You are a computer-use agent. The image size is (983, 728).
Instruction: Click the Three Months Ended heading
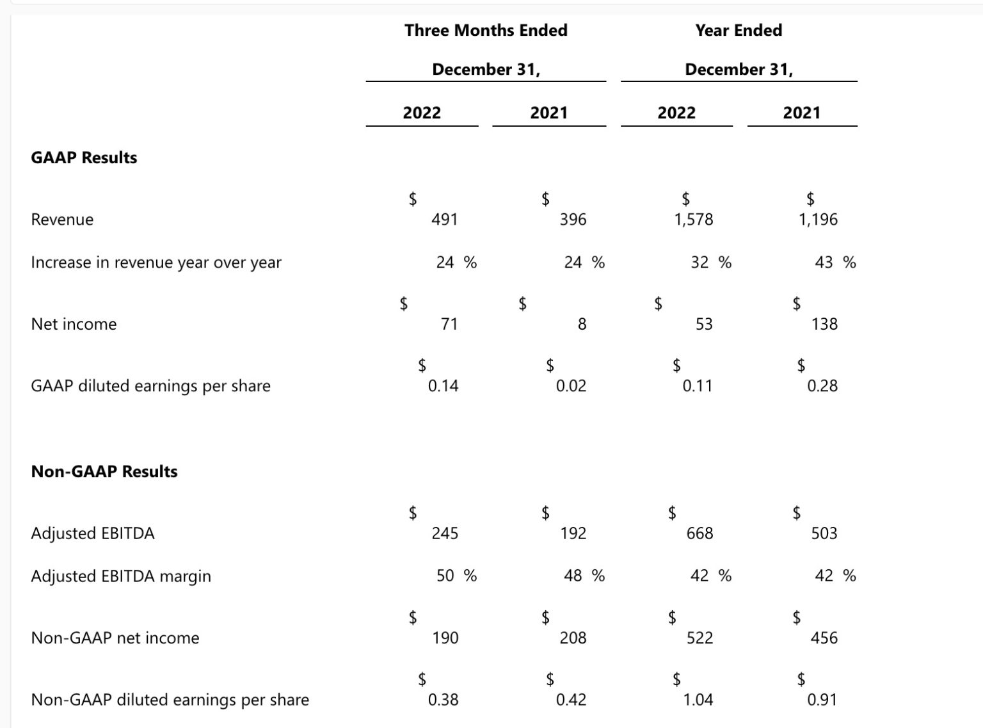click(x=486, y=30)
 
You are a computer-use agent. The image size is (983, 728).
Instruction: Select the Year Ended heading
click(x=739, y=30)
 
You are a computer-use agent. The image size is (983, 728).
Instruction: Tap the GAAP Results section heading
click(x=84, y=158)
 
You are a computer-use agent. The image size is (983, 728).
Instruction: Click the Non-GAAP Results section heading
click(x=104, y=471)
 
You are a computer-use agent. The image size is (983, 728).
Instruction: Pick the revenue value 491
click(x=445, y=220)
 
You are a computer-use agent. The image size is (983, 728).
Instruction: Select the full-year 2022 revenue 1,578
click(x=693, y=220)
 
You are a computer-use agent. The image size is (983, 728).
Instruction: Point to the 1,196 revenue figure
click(x=818, y=220)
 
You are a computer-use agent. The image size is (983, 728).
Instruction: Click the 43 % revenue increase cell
click(x=835, y=263)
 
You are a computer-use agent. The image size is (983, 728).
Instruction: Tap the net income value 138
click(x=824, y=324)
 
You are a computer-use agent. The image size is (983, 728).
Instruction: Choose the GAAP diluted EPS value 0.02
click(x=571, y=385)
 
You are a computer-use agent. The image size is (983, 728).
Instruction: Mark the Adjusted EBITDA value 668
click(x=699, y=533)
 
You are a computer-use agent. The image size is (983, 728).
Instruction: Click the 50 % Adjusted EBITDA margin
click(x=456, y=576)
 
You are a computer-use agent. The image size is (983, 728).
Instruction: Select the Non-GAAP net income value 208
click(x=573, y=638)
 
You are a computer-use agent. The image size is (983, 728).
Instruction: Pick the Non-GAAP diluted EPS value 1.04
click(x=698, y=699)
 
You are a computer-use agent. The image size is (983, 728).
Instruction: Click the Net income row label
click(x=74, y=324)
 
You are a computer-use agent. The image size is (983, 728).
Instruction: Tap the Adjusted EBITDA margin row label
click(x=121, y=576)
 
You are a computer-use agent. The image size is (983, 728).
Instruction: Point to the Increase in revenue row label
click(x=156, y=263)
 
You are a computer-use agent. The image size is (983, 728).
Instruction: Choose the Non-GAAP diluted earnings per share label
click(x=170, y=700)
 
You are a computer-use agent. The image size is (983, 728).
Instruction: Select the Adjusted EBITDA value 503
click(x=824, y=533)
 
